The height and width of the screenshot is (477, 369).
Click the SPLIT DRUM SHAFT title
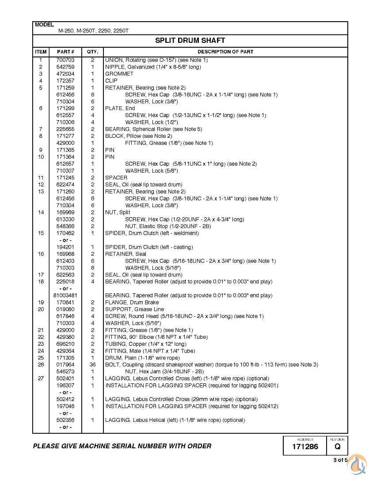click(190, 41)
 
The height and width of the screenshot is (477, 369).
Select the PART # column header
click(65, 52)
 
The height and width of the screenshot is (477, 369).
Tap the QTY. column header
click(93, 52)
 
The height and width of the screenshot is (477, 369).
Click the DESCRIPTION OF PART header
click(225, 52)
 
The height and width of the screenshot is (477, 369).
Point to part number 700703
click(65, 60)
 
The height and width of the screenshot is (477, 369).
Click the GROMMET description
click(119, 74)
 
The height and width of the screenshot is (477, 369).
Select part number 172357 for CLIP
click(65, 81)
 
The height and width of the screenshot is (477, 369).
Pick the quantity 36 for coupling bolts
click(93, 365)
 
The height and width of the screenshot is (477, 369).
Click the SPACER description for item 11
click(116, 178)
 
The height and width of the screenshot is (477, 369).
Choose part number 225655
click(65, 129)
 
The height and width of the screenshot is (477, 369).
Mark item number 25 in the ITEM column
click(41, 358)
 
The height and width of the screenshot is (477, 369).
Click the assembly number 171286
click(305, 447)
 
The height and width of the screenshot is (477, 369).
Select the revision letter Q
click(337, 447)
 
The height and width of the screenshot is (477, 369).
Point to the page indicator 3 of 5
click(340, 460)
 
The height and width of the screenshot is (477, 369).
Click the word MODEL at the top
click(44, 25)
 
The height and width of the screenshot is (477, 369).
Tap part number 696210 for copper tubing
click(65, 344)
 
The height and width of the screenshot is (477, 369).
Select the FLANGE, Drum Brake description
click(126, 303)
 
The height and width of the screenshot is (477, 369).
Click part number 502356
click(65, 420)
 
